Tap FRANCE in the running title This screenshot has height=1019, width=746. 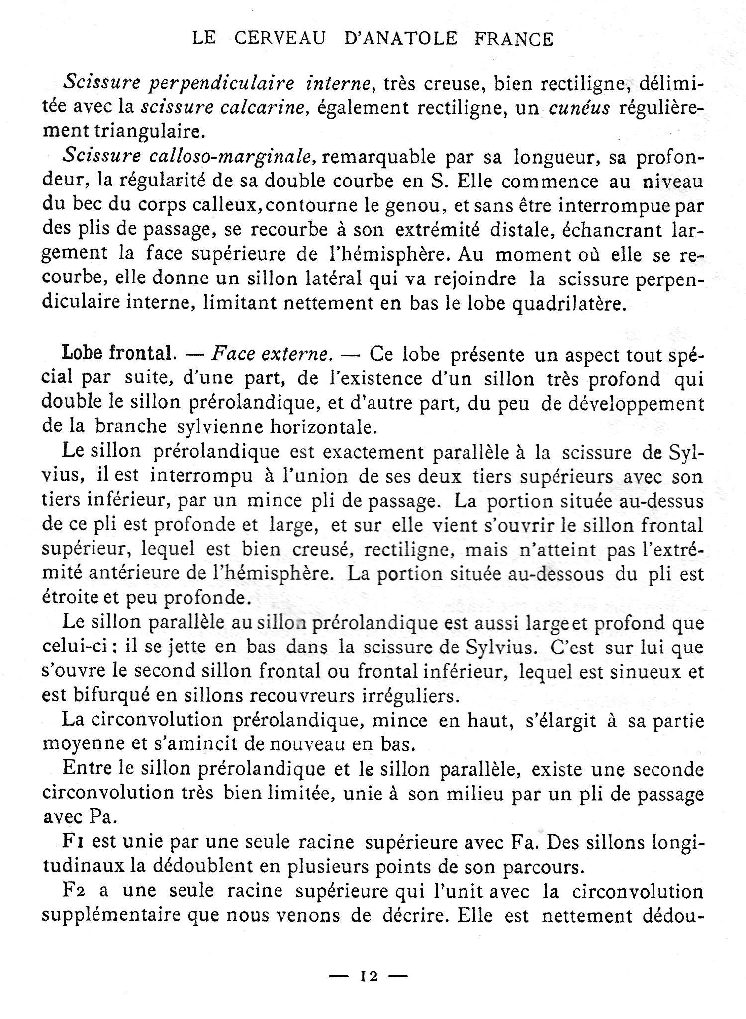coord(514,39)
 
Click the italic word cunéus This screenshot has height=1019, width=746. coord(579,107)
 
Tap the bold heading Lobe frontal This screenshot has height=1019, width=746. coord(118,353)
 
